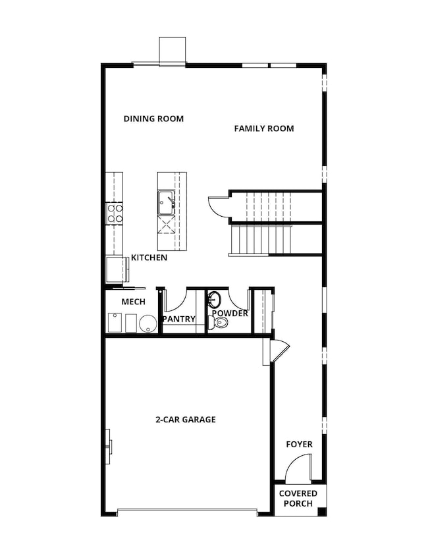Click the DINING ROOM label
(x=153, y=119)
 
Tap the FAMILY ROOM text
(x=264, y=128)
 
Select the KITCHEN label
(x=149, y=258)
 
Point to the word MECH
(x=133, y=302)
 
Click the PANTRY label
(x=179, y=319)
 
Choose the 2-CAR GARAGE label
(x=186, y=419)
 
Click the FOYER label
(x=299, y=444)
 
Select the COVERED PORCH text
(x=298, y=498)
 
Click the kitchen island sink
(x=165, y=202)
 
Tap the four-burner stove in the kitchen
(x=115, y=213)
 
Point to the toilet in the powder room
(x=218, y=323)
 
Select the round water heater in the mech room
(x=147, y=323)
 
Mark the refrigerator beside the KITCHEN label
(x=116, y=269)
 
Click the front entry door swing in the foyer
(x=297, y=468)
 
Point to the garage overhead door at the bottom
(x=187, y=512)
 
